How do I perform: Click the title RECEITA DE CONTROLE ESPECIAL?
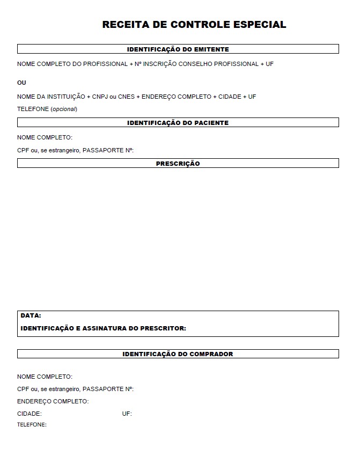click(x=194, y=25)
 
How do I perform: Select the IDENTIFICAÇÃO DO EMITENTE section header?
click(x=178, y=49)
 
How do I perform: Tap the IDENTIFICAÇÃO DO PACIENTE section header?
click(x=178, y=123)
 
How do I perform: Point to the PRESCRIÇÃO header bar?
click(x=178, y=164)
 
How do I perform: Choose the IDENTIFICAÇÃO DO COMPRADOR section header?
click(x=178, y=354)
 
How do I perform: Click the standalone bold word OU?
click(x=21, y=83)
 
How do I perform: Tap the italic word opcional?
click(x=64, y=109)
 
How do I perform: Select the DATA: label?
click(x=31, y=315)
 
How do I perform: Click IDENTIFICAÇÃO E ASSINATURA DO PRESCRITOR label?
click(x=103, y=328)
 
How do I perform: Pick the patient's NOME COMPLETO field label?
click(x=45, y=137)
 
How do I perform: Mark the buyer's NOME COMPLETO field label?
click(x=45, y=377)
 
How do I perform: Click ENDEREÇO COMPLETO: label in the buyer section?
click(x=53, y=401)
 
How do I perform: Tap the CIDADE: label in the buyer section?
click(x=29, y=414)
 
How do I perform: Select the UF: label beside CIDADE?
click(x=127, y=414)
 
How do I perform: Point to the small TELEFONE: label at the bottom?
click(x=32, y=425)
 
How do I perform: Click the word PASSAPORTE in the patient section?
click(x=104, y=150)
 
